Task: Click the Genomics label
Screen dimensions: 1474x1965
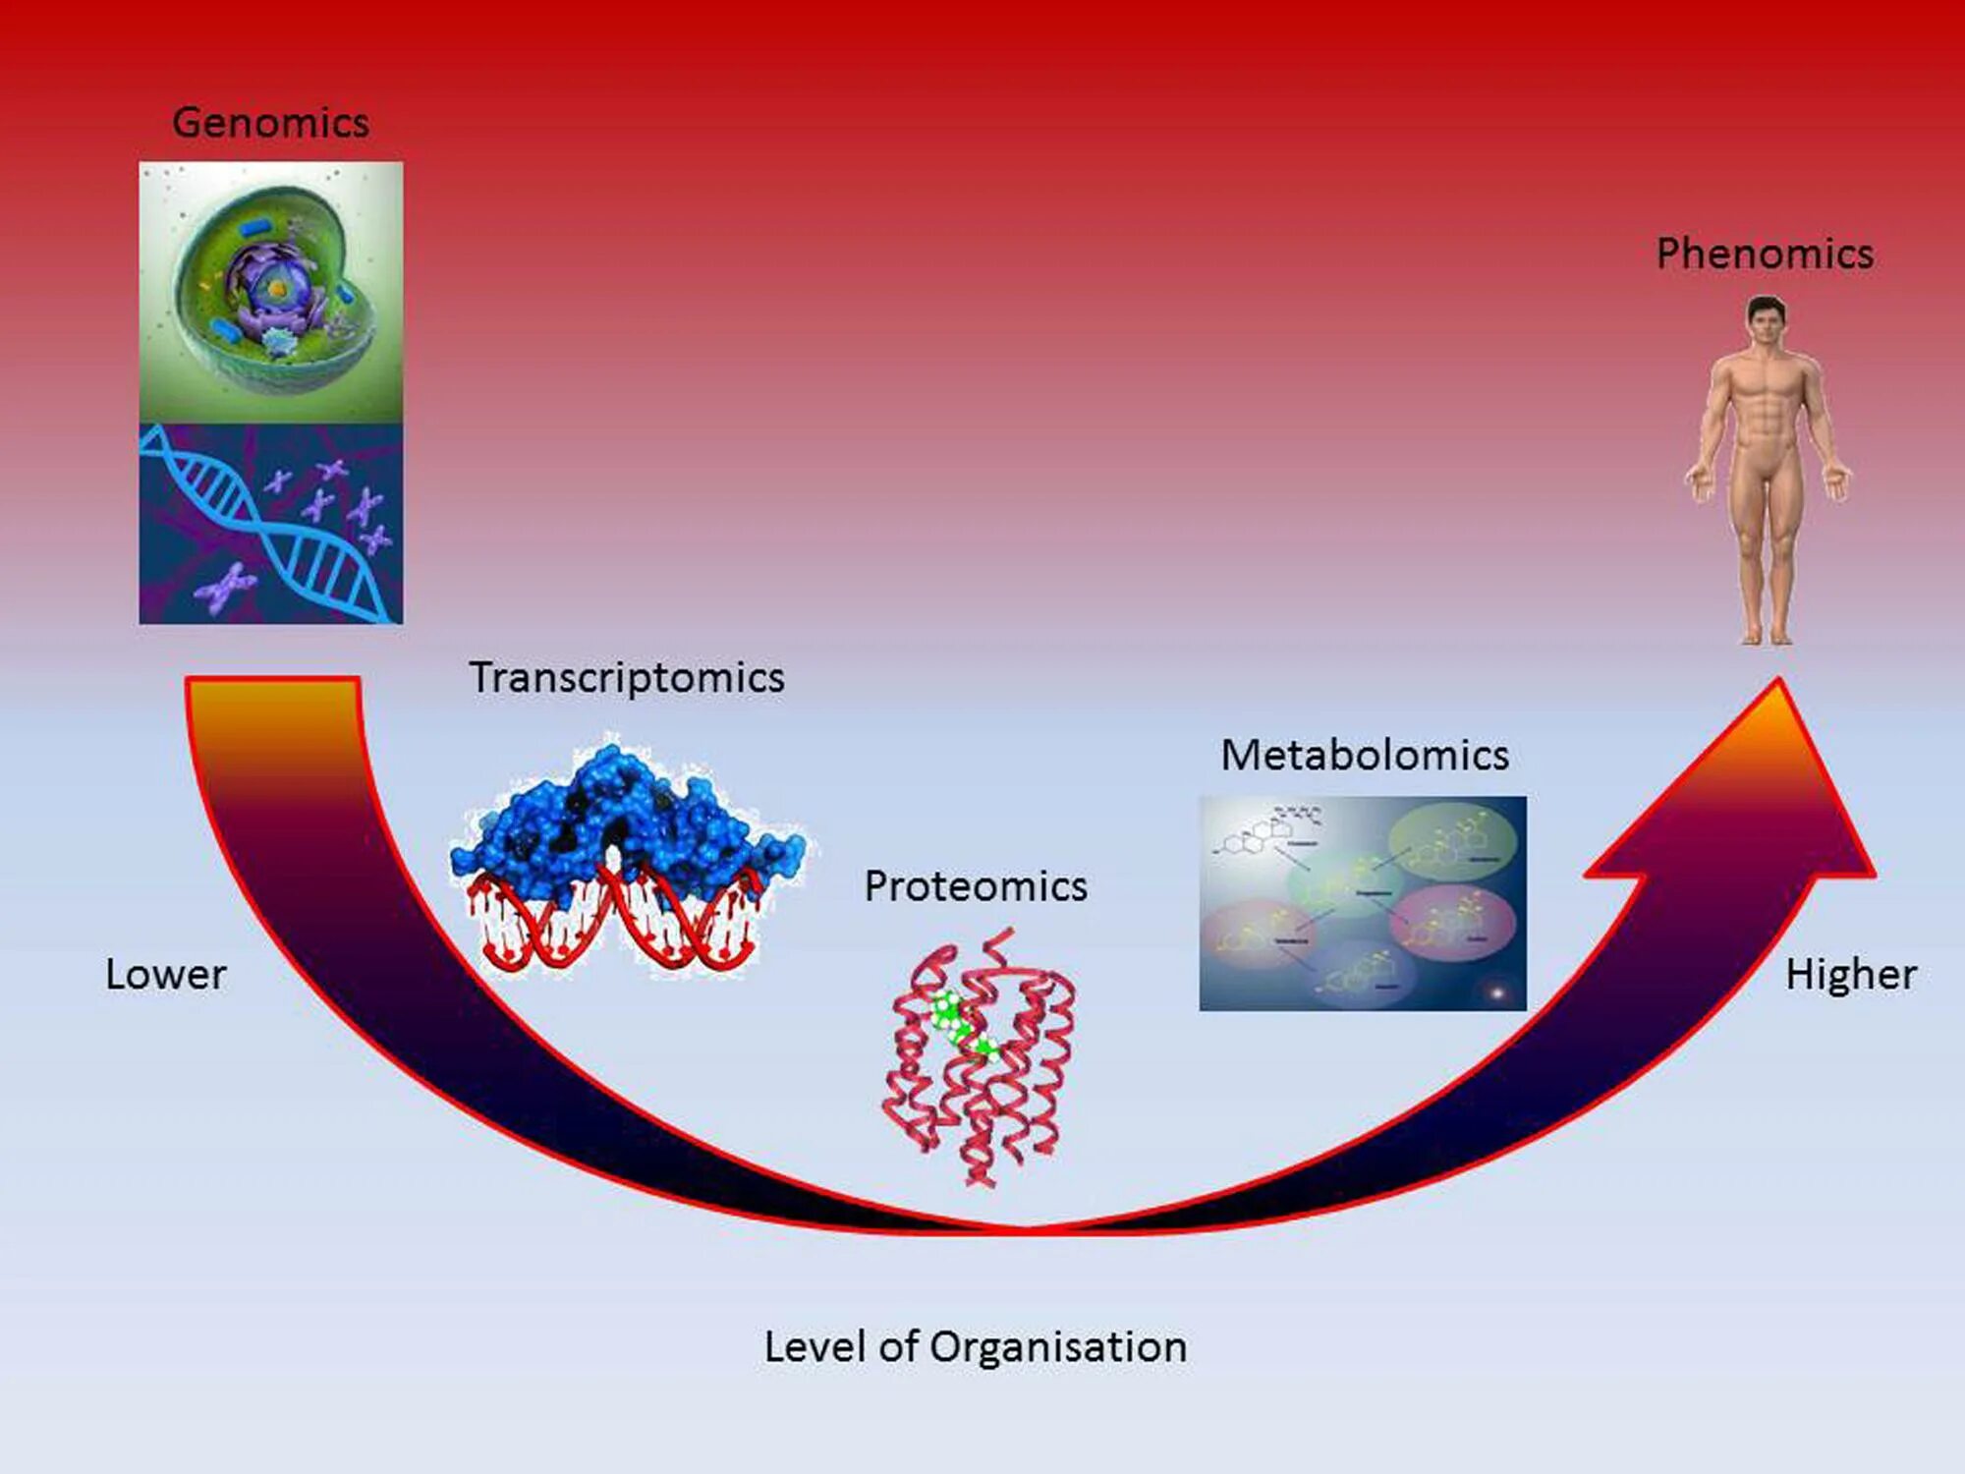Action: pos(270,123)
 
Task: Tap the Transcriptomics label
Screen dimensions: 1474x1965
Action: pos(627,678)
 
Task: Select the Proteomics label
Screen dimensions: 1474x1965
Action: pos(976,886)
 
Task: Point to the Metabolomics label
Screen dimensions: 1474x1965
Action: pos(1365,756)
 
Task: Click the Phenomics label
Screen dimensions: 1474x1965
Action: pos(1765,254)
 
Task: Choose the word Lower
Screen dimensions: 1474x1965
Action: pos(166,975)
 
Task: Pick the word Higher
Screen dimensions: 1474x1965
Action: pos(1851,975)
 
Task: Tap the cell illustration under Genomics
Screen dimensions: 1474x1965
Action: pos(270,292)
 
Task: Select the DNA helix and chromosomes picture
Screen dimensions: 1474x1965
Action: pos(270,524)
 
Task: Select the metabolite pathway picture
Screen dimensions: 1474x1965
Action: pos(1363,903)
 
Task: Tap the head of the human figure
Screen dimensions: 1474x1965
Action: pos(1766,319)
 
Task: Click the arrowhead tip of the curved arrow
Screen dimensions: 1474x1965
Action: pos(1778,688)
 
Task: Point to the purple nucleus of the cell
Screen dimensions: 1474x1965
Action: pos(273,285)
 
